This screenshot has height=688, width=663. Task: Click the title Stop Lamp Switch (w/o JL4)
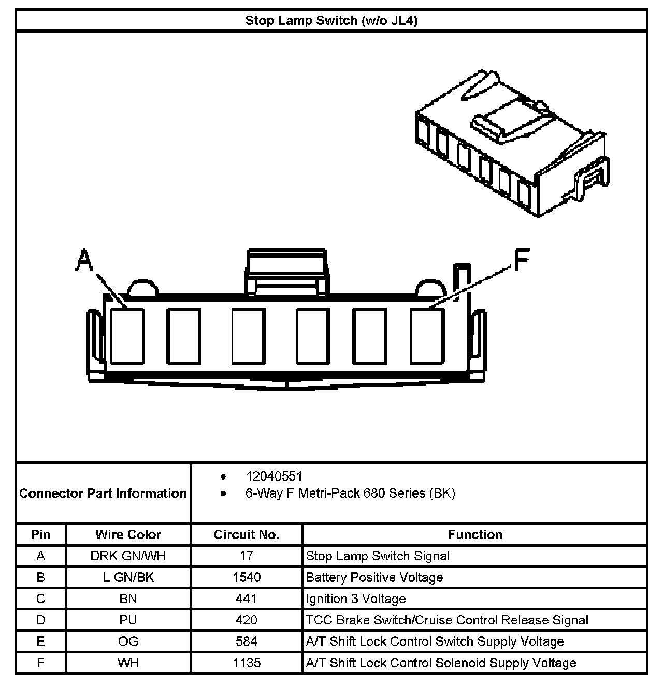coord(331,21)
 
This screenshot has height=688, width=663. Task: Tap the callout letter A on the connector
coord(84,260)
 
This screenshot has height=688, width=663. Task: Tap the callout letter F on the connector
coord(521,260)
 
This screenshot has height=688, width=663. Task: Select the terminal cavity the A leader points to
coord(127,336)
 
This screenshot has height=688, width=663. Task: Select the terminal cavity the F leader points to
coord(427,336)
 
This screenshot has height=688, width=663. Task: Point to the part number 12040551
coord(274,476)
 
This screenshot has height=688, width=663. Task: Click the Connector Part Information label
coord(103,493)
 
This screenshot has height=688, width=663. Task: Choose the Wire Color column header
coord(128,534)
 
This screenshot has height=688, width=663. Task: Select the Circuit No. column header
coord(247,534)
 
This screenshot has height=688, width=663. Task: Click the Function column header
coord(475,534)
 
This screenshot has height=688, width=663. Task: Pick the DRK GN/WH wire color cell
coord(128,556)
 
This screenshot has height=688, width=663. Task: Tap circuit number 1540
coord(247,577)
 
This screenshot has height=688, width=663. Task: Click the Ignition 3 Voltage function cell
coord(356,599)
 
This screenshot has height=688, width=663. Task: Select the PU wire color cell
coord(128,620)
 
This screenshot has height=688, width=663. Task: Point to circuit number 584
coord(247,641)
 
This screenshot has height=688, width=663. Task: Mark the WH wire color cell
coord(128,663)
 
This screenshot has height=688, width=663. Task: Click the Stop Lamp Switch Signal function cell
coord(378,556)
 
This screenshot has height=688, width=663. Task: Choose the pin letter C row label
coord(41,599)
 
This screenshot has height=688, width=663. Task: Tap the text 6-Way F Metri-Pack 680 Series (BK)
coord(350,493)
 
